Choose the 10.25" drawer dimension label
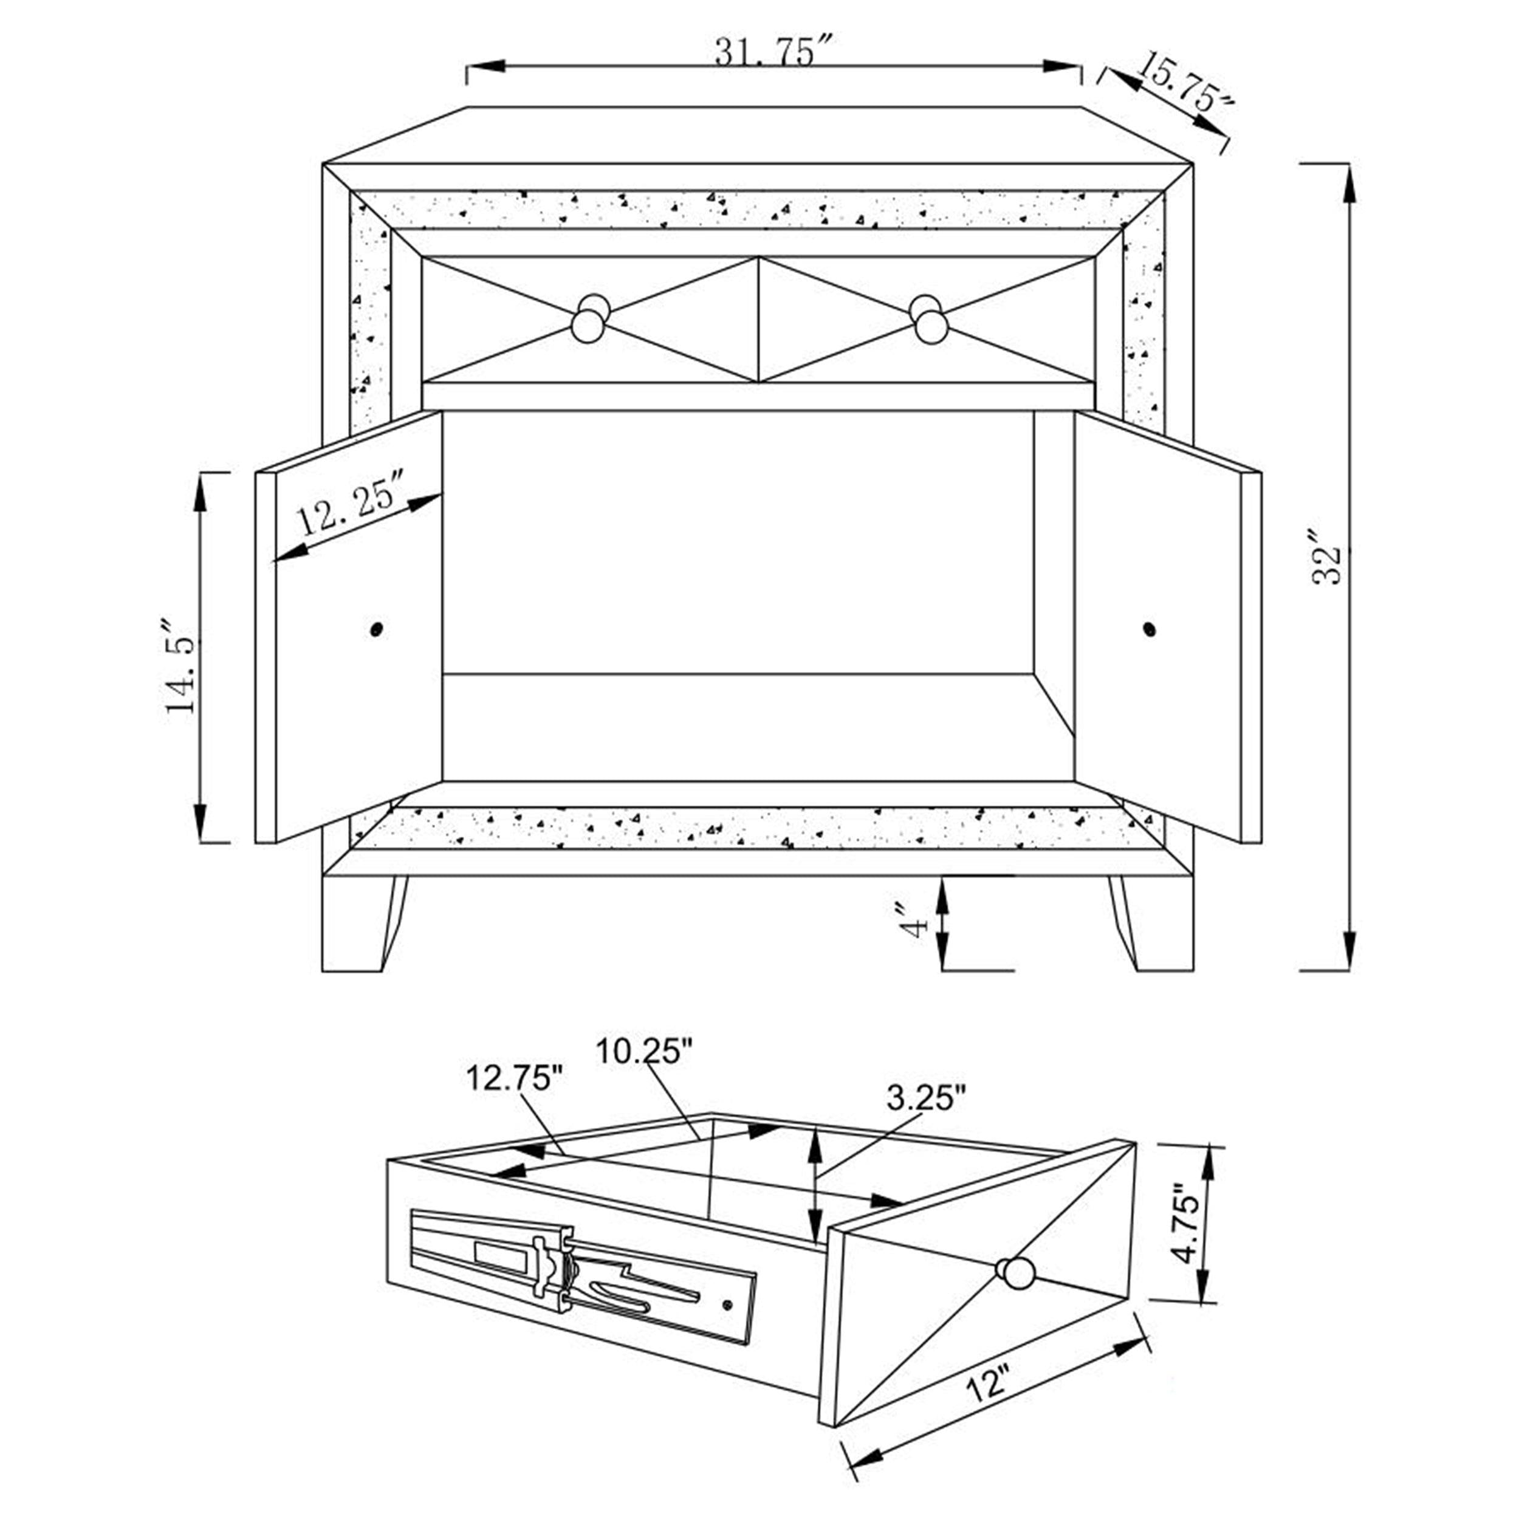pos(644,1051)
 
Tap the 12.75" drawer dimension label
pos(515,1078)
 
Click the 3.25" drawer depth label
pos(926,1099)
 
